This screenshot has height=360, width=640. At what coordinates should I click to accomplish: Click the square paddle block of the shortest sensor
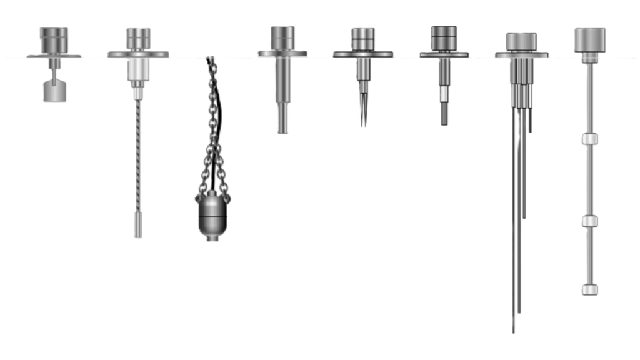[x=55, y=91]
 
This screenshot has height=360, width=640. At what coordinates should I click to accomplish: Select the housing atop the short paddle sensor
[x=52, y=39]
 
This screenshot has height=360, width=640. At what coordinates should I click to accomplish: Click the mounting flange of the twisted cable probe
[x=138, y=54]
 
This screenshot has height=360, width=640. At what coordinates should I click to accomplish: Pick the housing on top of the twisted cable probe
[x=138, y=39]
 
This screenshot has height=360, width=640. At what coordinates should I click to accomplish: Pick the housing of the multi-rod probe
[x=522, y=41]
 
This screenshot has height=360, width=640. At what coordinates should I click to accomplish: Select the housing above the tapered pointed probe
[x=363, y=38]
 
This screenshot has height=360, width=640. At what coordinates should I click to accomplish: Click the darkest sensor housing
[x=444, y=37]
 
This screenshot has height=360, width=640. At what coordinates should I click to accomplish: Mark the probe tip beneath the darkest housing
[x=444, y=122]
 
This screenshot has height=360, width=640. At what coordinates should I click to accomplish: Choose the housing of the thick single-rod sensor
[x=282, y=37]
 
